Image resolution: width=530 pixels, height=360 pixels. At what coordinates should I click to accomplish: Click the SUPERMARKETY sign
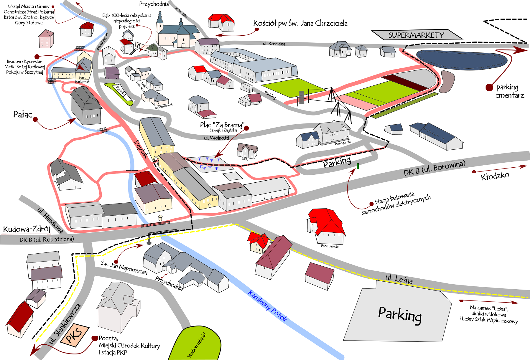pos(416,35)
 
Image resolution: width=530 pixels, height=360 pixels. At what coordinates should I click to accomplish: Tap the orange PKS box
pos(74,336)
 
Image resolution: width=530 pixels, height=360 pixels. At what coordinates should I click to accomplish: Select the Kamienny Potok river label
pos(267,306)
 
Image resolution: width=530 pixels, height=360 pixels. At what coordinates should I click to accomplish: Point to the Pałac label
pos(22,114)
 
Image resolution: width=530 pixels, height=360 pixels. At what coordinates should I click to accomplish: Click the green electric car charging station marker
pos(358,166)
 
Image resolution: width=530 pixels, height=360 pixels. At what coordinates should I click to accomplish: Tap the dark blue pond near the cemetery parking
pos(461,60)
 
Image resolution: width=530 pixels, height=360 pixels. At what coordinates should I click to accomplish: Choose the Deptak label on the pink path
pos(141,149)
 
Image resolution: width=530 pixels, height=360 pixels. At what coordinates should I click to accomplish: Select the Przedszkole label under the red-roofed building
pos(330,246)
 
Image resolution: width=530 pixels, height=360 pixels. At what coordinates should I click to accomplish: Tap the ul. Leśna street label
pos(399,279)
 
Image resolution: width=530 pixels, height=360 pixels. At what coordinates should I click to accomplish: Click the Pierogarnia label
pos(343,143)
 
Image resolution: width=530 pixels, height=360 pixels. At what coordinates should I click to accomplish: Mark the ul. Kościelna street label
pos(274,44)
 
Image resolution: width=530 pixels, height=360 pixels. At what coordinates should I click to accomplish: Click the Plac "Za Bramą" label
pos(222,125)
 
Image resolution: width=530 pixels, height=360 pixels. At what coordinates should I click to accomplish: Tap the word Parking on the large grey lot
pos(400,315)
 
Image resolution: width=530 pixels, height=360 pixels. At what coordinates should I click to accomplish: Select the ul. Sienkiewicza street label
pos(65,323)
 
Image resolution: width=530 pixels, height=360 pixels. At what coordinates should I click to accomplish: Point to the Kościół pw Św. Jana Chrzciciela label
pos(300,23)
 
